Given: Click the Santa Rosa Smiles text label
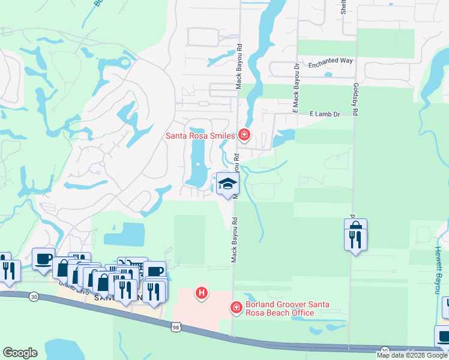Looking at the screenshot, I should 200,136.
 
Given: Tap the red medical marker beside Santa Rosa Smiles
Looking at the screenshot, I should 244,134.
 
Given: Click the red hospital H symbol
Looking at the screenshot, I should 202,293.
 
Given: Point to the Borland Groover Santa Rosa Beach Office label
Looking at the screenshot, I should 280,308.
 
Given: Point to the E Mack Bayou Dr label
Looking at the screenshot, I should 296,88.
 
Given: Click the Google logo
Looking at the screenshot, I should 20,352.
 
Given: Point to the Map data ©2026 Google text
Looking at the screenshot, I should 412,355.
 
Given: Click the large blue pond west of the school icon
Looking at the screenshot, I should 196,162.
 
